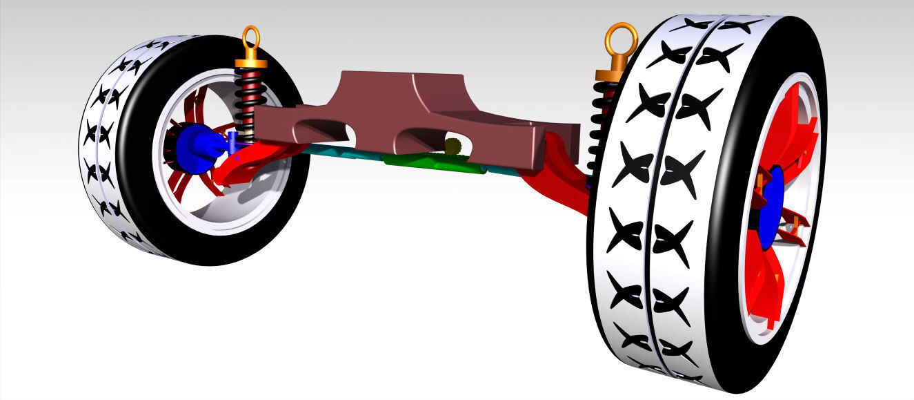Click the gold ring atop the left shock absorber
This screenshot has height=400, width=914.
pyautogui.click(x=252, y=38)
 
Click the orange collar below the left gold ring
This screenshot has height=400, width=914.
pyautogui.click(x=251, y=63)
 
